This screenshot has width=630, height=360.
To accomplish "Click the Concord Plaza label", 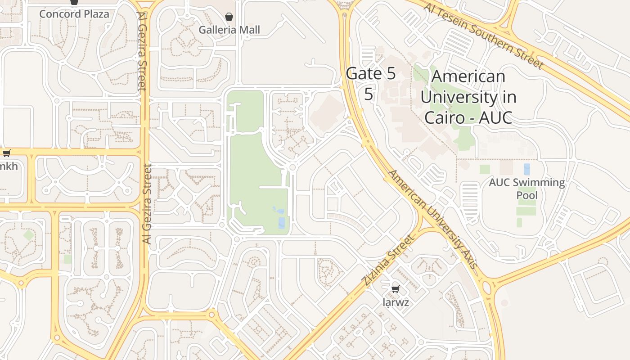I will tap(74, 14).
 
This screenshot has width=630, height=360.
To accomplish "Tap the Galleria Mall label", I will tap(229, 30).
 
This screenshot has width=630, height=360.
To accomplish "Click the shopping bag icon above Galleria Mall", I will tap(229, 17).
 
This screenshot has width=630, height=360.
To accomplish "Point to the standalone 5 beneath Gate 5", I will tap(369, 94).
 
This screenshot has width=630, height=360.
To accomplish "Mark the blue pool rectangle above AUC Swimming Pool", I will tap(527, 169).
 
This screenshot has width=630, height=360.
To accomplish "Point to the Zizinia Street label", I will tap(387, 260).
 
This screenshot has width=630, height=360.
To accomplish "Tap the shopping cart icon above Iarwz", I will tap(395, 289).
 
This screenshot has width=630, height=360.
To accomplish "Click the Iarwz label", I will tap(396, 302).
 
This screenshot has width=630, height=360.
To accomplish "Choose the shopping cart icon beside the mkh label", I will tap(7, 153).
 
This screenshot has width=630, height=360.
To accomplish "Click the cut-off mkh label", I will tap(9, 166).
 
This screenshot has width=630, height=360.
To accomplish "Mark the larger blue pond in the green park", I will tap(282, 223).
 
